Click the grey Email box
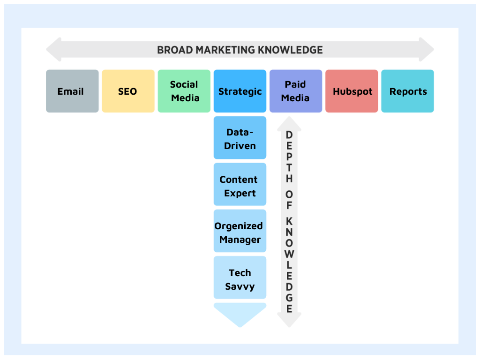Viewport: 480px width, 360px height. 72,91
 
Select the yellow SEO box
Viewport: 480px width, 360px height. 128,91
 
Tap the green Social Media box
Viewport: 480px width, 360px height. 184,91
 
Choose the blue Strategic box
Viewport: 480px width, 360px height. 240,91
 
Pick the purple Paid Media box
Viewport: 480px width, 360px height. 296,91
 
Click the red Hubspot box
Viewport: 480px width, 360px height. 352,91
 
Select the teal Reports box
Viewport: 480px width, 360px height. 407,91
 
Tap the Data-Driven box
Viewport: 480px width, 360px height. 240,138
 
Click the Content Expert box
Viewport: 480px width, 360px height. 240,184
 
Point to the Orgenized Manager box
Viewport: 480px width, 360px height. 240,231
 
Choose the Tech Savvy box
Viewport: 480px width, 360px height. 240,277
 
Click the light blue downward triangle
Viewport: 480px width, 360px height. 240,314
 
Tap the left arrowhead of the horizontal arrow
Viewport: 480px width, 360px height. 53,50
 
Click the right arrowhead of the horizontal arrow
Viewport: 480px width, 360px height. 427,50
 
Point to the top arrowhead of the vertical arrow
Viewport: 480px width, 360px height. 289,124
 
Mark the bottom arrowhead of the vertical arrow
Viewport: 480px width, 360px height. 289,320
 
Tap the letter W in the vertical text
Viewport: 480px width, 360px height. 289,254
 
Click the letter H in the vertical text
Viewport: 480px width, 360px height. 289,179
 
